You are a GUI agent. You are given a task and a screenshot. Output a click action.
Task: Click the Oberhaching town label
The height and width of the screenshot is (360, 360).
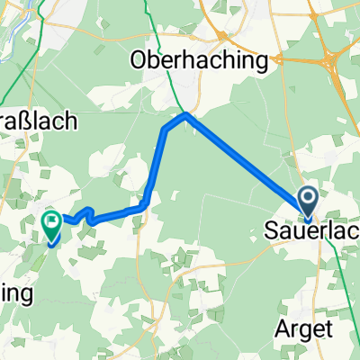click(200, 61)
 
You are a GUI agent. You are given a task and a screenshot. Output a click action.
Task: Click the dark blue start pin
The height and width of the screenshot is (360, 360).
click(308, 202)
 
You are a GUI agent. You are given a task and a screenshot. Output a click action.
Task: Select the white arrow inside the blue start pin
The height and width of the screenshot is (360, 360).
click(308, 198)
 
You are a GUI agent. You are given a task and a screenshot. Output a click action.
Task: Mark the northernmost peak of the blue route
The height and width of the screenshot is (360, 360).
click(185, 115)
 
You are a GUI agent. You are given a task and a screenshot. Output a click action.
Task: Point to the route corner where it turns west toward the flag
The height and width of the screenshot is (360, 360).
click(144, 207)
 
